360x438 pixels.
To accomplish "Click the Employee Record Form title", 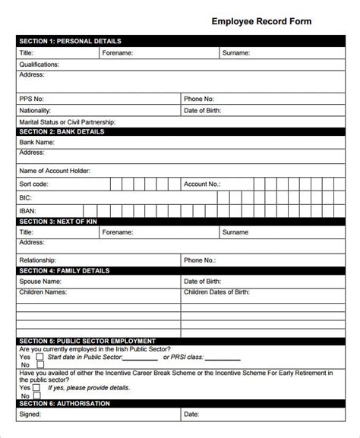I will point(261,22).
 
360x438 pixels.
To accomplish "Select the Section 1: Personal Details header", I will point(69,41).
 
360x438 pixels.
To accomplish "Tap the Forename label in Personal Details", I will point(118,53).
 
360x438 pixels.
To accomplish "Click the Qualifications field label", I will point(39,65).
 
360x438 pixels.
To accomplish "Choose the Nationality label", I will point(36,110).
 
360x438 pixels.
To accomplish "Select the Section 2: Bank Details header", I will point(62,131).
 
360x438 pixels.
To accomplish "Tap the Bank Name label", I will point(37,142).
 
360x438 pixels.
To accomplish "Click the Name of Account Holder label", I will point(55,170).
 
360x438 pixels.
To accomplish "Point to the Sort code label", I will point(35,184).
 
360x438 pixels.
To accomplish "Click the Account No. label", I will point(202,184).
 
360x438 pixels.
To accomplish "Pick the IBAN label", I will point(28,210).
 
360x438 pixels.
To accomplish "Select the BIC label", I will point(25,197).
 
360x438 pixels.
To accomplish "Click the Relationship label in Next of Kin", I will point(38,260).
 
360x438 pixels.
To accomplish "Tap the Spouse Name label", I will point(41,281).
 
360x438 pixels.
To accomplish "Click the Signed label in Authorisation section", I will point(31,414).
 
